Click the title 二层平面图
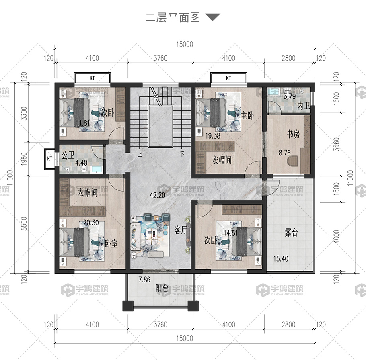point(173,18)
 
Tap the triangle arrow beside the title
point(213,17)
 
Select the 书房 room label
point(293,134)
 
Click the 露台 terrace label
point(291,233)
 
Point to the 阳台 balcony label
point(162,288)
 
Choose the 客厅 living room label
point(181,230)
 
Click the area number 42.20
point(158,195)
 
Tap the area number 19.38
point(213,136)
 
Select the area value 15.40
point(281,259)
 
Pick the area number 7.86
point(144,280)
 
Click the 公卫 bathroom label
point(68,155)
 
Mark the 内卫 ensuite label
point(304,106)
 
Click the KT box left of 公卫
point(49,159)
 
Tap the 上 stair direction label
point(140,154)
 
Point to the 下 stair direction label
point(182,154)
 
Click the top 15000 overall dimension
point(185,44)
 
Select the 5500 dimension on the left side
point(24,224)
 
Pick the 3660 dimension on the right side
point(336,144)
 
